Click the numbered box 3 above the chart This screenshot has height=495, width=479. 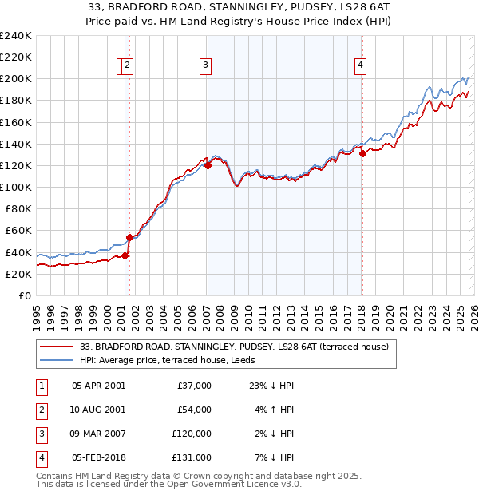tap(205, 66)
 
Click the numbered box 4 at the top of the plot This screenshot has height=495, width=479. tap(361, 66)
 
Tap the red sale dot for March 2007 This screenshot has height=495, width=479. tap(208, 166)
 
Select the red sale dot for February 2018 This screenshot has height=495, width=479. tap(362, 154)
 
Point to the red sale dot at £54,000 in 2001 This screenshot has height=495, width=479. tap(129, 237)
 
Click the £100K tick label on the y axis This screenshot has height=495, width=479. tap(15, 187)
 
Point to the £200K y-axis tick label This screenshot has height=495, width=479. tap(15, 79)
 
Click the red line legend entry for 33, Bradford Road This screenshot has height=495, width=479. tap(234, 346)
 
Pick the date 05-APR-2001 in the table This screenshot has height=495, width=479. tap(98, 386)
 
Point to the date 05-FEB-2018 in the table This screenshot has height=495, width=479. tap(98, 457)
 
